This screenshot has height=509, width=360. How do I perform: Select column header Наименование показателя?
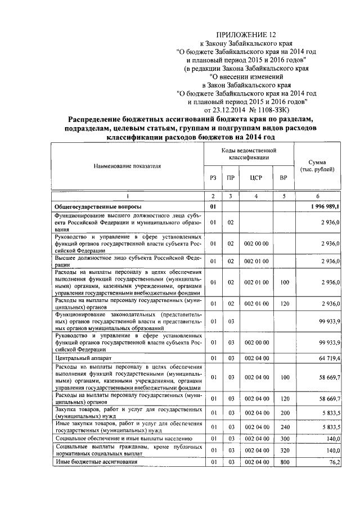point(127,166)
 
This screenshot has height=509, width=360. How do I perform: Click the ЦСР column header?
point(256,178)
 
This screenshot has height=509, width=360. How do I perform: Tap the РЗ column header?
point(213,178)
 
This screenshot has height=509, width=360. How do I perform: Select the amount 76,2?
point(334,462)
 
